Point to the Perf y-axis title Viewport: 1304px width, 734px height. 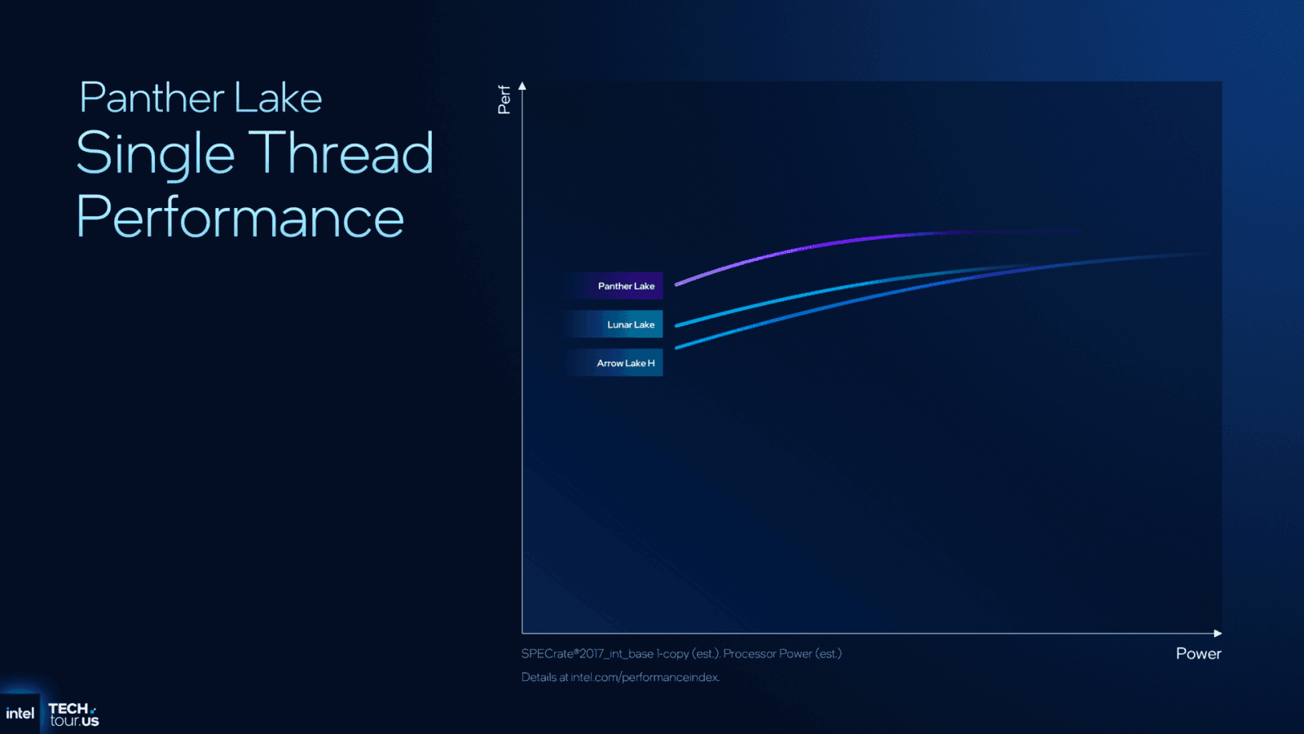[x=504, y=99]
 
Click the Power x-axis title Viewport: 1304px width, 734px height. [x=1198, y=653]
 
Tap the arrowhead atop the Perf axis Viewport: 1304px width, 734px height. [x=522, y=86]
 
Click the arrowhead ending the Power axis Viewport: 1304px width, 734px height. [x=1218, y=633]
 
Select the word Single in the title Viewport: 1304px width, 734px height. [x=156, y=153]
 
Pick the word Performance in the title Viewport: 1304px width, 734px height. [x=240, y=216]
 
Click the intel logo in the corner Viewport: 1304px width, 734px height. [x=20, y=714]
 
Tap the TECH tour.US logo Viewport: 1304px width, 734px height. [x=73, y=714]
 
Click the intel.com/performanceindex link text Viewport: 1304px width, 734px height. [x=645, y=678]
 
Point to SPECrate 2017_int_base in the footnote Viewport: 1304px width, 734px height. [x=588, y=654]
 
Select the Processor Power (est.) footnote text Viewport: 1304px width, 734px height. [x=782, y=653]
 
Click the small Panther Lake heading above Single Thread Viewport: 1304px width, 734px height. [x=200, y=98]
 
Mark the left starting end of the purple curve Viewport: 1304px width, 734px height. [x=676, y=285]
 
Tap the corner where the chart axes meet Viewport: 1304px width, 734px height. [x=522, y=633]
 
